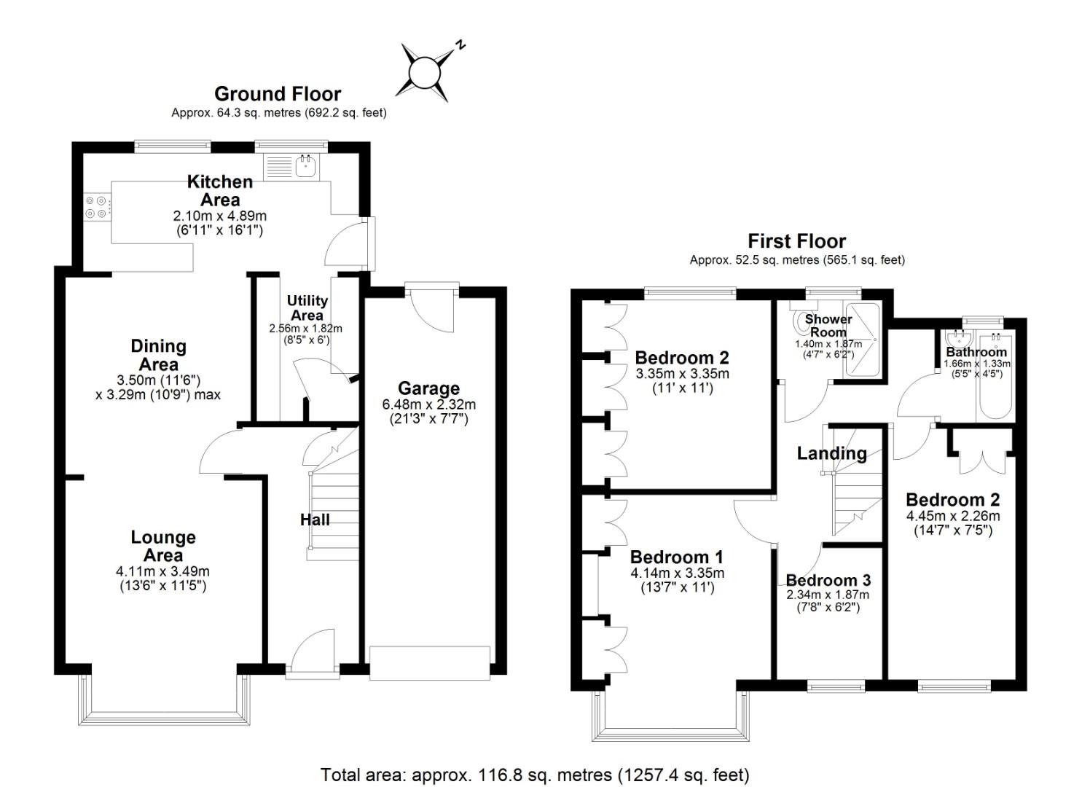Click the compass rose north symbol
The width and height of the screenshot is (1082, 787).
coord(425,73)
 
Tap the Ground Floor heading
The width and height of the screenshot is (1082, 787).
coord(278,94)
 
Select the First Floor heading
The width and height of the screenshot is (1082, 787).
coord(797,241)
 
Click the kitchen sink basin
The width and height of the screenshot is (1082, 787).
coord(306,166)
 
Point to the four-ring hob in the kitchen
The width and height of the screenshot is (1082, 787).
coord(96,207)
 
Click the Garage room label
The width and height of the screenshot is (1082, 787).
coord(428,388)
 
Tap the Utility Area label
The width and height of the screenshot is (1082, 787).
coord(307,308)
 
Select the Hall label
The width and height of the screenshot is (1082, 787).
coord(315,520)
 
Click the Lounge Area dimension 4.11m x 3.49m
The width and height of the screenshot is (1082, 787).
coord(162,571)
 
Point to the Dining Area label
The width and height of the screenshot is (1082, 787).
coord(158,355)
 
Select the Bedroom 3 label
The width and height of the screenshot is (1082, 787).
coord(828,580)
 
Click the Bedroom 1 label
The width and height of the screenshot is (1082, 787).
coord(676,557)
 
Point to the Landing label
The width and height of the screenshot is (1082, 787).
coord(832,453)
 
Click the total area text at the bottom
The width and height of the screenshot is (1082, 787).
coord(535,775)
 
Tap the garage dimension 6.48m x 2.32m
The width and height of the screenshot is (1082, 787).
coord(429,404)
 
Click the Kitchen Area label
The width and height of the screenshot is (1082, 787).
coord(220,190)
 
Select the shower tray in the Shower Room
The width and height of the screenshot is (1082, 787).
coord(863,340)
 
